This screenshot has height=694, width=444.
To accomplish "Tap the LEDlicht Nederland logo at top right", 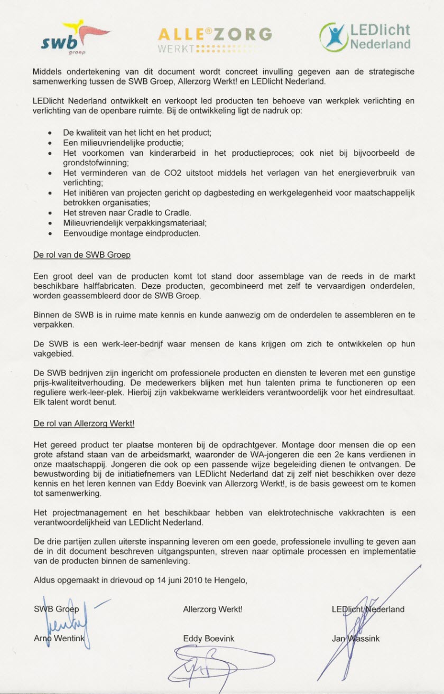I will tap(365, 37).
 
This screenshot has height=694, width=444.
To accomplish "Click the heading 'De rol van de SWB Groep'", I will tap(81, 255).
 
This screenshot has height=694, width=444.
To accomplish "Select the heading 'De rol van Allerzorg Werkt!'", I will tap(87, 424).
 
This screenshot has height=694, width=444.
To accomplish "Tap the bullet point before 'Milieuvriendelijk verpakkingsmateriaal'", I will tap(50, 223).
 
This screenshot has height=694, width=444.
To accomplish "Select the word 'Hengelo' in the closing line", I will tap(229, 580).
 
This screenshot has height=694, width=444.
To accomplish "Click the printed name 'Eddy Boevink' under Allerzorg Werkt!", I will tap(208, 639).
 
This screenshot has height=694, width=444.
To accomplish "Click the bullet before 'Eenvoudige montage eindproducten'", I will tap(50, 233).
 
